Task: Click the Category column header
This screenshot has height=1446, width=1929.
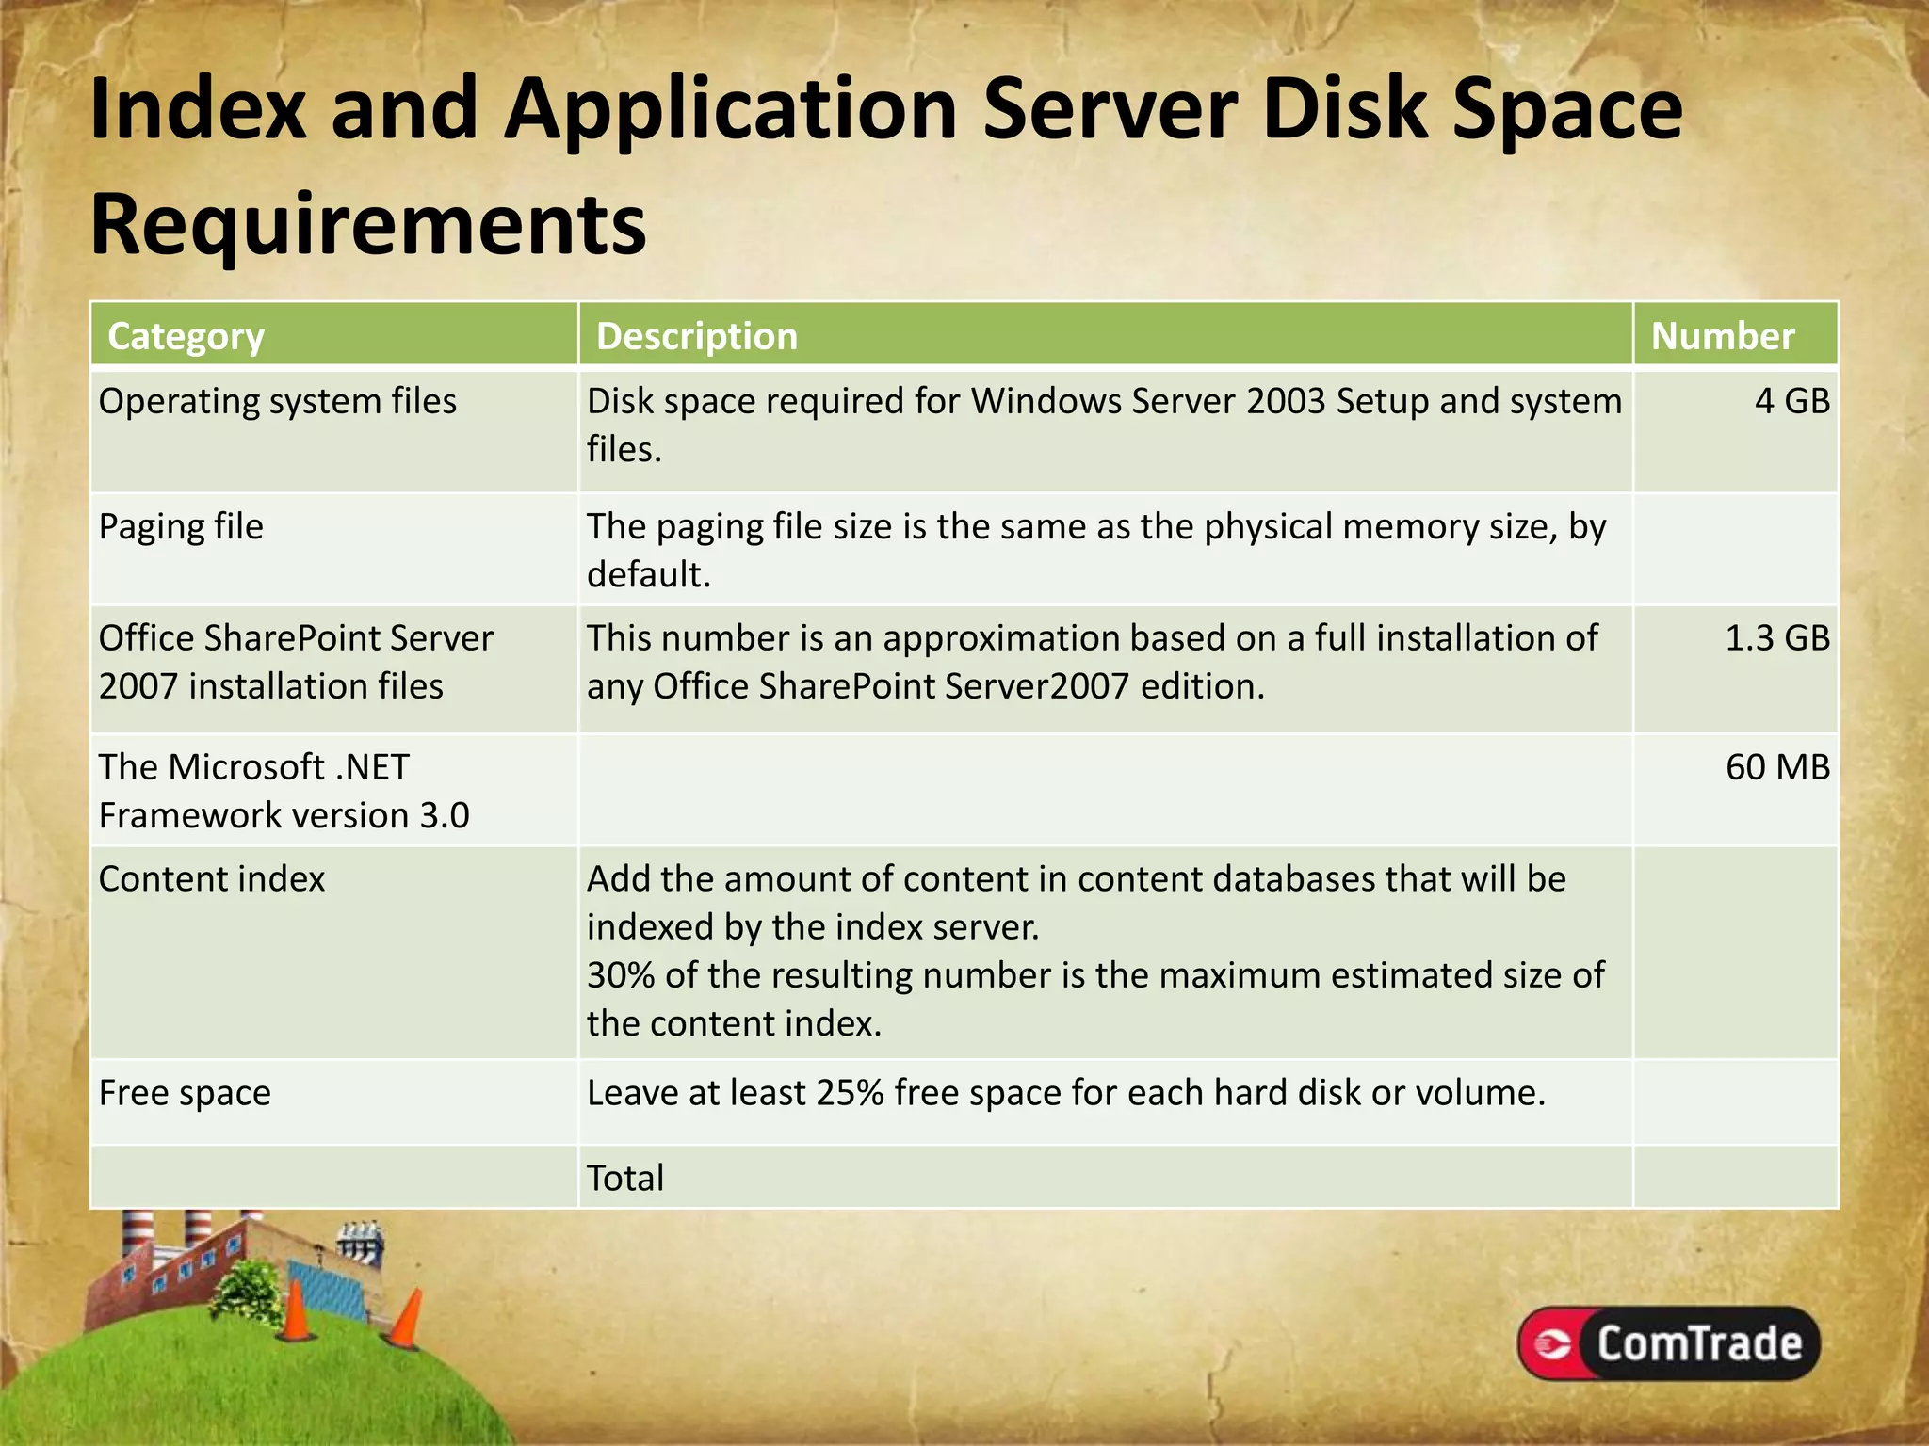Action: click(186, 336)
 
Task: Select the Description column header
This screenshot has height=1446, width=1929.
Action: click(697, 336)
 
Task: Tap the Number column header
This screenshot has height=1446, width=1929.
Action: click(1723, 336)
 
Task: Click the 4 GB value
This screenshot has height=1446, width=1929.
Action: click(1791, 401)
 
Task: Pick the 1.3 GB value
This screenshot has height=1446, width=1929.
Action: click(1776, 638)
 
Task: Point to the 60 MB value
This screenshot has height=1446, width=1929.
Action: click(1777, 767)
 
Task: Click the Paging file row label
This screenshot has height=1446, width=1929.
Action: click(181, 527)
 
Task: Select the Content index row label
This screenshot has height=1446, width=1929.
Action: click(212, 879)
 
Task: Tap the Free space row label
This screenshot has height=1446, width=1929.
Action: click(185, 1093)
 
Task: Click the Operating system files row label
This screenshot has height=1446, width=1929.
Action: click(277, 402)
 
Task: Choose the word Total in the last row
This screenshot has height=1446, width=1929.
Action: click(625, 1178)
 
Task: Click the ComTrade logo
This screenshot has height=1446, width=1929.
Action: click(1668, 1343)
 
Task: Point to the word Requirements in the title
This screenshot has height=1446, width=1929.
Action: click(368, 224)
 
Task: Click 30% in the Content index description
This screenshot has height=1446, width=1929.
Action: click(621, 975)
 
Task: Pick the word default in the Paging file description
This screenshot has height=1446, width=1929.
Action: click(646, 574)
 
